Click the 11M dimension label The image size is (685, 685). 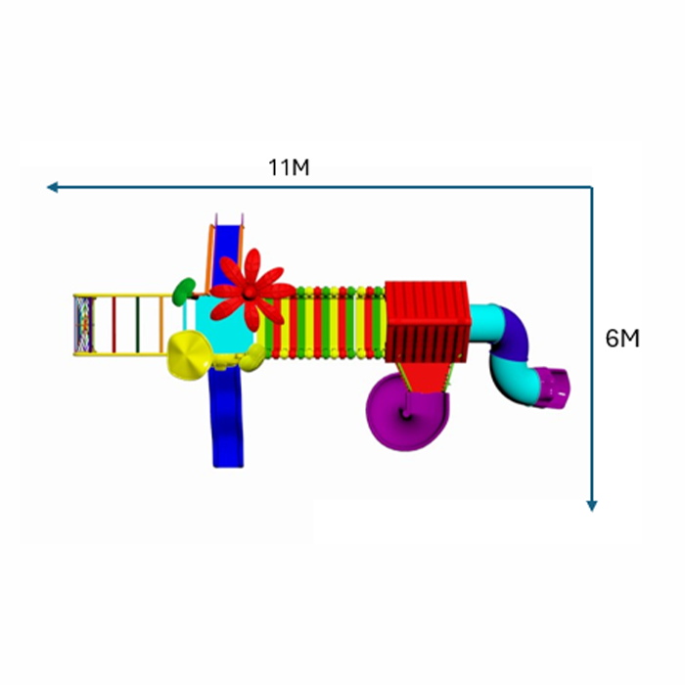[289, 167]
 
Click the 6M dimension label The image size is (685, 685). [622, 339]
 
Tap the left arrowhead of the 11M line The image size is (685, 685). [52, 188]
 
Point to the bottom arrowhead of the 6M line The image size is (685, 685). [591, 506]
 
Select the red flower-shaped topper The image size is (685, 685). [251, 290]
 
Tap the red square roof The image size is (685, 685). [427, 322]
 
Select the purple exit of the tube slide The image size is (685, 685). [552, 388]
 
